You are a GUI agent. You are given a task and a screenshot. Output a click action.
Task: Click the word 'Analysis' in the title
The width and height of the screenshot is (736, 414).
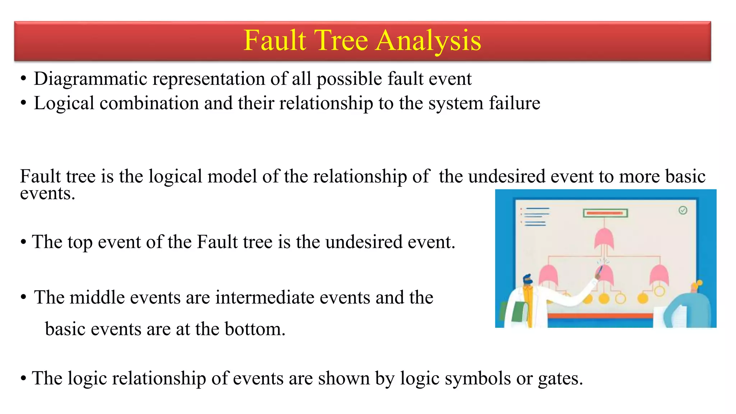(428, 41)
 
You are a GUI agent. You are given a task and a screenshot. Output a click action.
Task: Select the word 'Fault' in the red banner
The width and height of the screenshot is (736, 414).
(275, 41)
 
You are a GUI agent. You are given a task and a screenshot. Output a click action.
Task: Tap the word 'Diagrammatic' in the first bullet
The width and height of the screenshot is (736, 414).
(90, 79)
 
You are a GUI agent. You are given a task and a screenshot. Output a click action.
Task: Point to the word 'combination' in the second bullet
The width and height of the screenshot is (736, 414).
(149, 103)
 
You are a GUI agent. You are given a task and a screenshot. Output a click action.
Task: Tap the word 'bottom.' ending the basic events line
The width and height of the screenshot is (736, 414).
(255, 329)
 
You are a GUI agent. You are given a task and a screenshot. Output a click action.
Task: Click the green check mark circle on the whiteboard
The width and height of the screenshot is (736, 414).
(683, 210)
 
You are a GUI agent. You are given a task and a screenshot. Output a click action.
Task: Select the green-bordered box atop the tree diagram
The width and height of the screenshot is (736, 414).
(605, 213)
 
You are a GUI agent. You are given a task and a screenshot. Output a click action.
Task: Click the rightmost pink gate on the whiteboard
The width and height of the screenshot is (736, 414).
(659, 275)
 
